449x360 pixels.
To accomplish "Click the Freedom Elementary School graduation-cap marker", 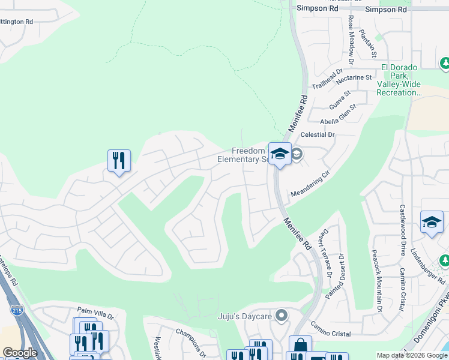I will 280,154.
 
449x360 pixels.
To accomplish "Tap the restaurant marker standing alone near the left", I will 119,160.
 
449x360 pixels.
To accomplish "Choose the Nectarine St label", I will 354,77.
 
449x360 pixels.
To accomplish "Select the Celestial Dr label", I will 318,135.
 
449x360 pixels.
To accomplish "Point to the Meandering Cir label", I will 310,185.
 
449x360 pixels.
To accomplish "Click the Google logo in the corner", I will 20,353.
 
